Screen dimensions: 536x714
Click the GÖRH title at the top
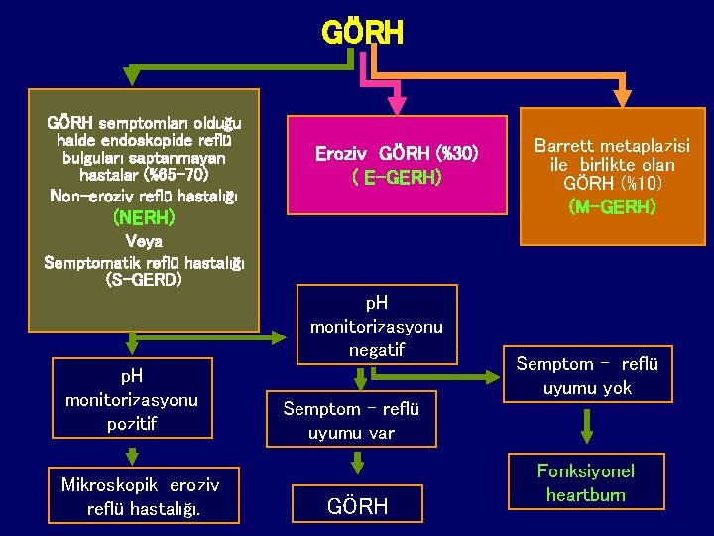coord(363,33)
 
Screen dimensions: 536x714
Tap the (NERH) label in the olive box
coord(145,217)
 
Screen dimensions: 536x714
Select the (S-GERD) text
coord(145,281)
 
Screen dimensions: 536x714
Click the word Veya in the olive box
coord(145,240)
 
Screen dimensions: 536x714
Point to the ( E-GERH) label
coord(397,178)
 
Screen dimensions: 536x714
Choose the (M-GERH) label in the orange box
coord(611,206)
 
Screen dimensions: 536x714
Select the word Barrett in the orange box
coord(564,146)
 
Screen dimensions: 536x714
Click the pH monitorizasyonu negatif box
coord(377,325)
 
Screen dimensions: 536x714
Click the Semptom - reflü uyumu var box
coord(351,421)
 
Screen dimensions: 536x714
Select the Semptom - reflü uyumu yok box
coord(586,375)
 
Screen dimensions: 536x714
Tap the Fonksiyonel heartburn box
coord(586,482)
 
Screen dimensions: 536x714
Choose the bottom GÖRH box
coord(357,507)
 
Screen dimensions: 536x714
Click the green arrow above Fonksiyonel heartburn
coord(587,429)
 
